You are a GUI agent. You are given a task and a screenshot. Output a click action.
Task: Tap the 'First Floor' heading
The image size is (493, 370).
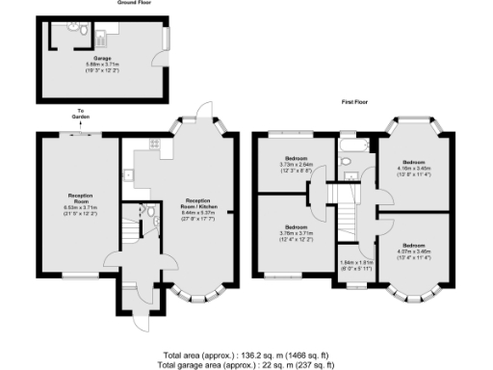[356, 100]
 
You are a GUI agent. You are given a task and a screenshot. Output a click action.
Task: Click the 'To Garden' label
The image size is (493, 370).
[82, 114]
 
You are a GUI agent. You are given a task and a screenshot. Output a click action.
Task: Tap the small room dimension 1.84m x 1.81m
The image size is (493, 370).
[355, 262]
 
